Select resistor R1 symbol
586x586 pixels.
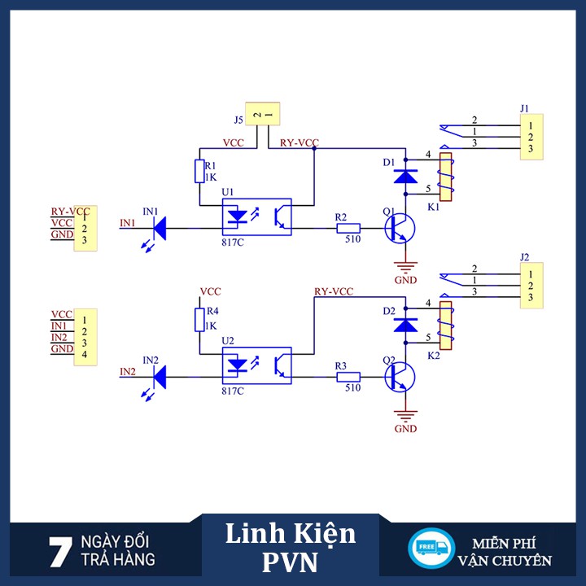pos(199,172)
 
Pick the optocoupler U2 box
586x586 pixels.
pos(256,366)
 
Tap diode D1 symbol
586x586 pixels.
pos(405,174)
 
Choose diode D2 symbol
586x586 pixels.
pos(405,324)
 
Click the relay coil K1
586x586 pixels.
pos(445,177)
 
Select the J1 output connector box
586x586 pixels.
pos(530,137)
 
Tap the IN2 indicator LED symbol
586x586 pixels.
pos(158,376)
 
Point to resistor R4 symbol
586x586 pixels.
pos(199,319)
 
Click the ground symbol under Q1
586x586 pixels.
pos(405,265)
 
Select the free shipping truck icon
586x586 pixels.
pos(431,549)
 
